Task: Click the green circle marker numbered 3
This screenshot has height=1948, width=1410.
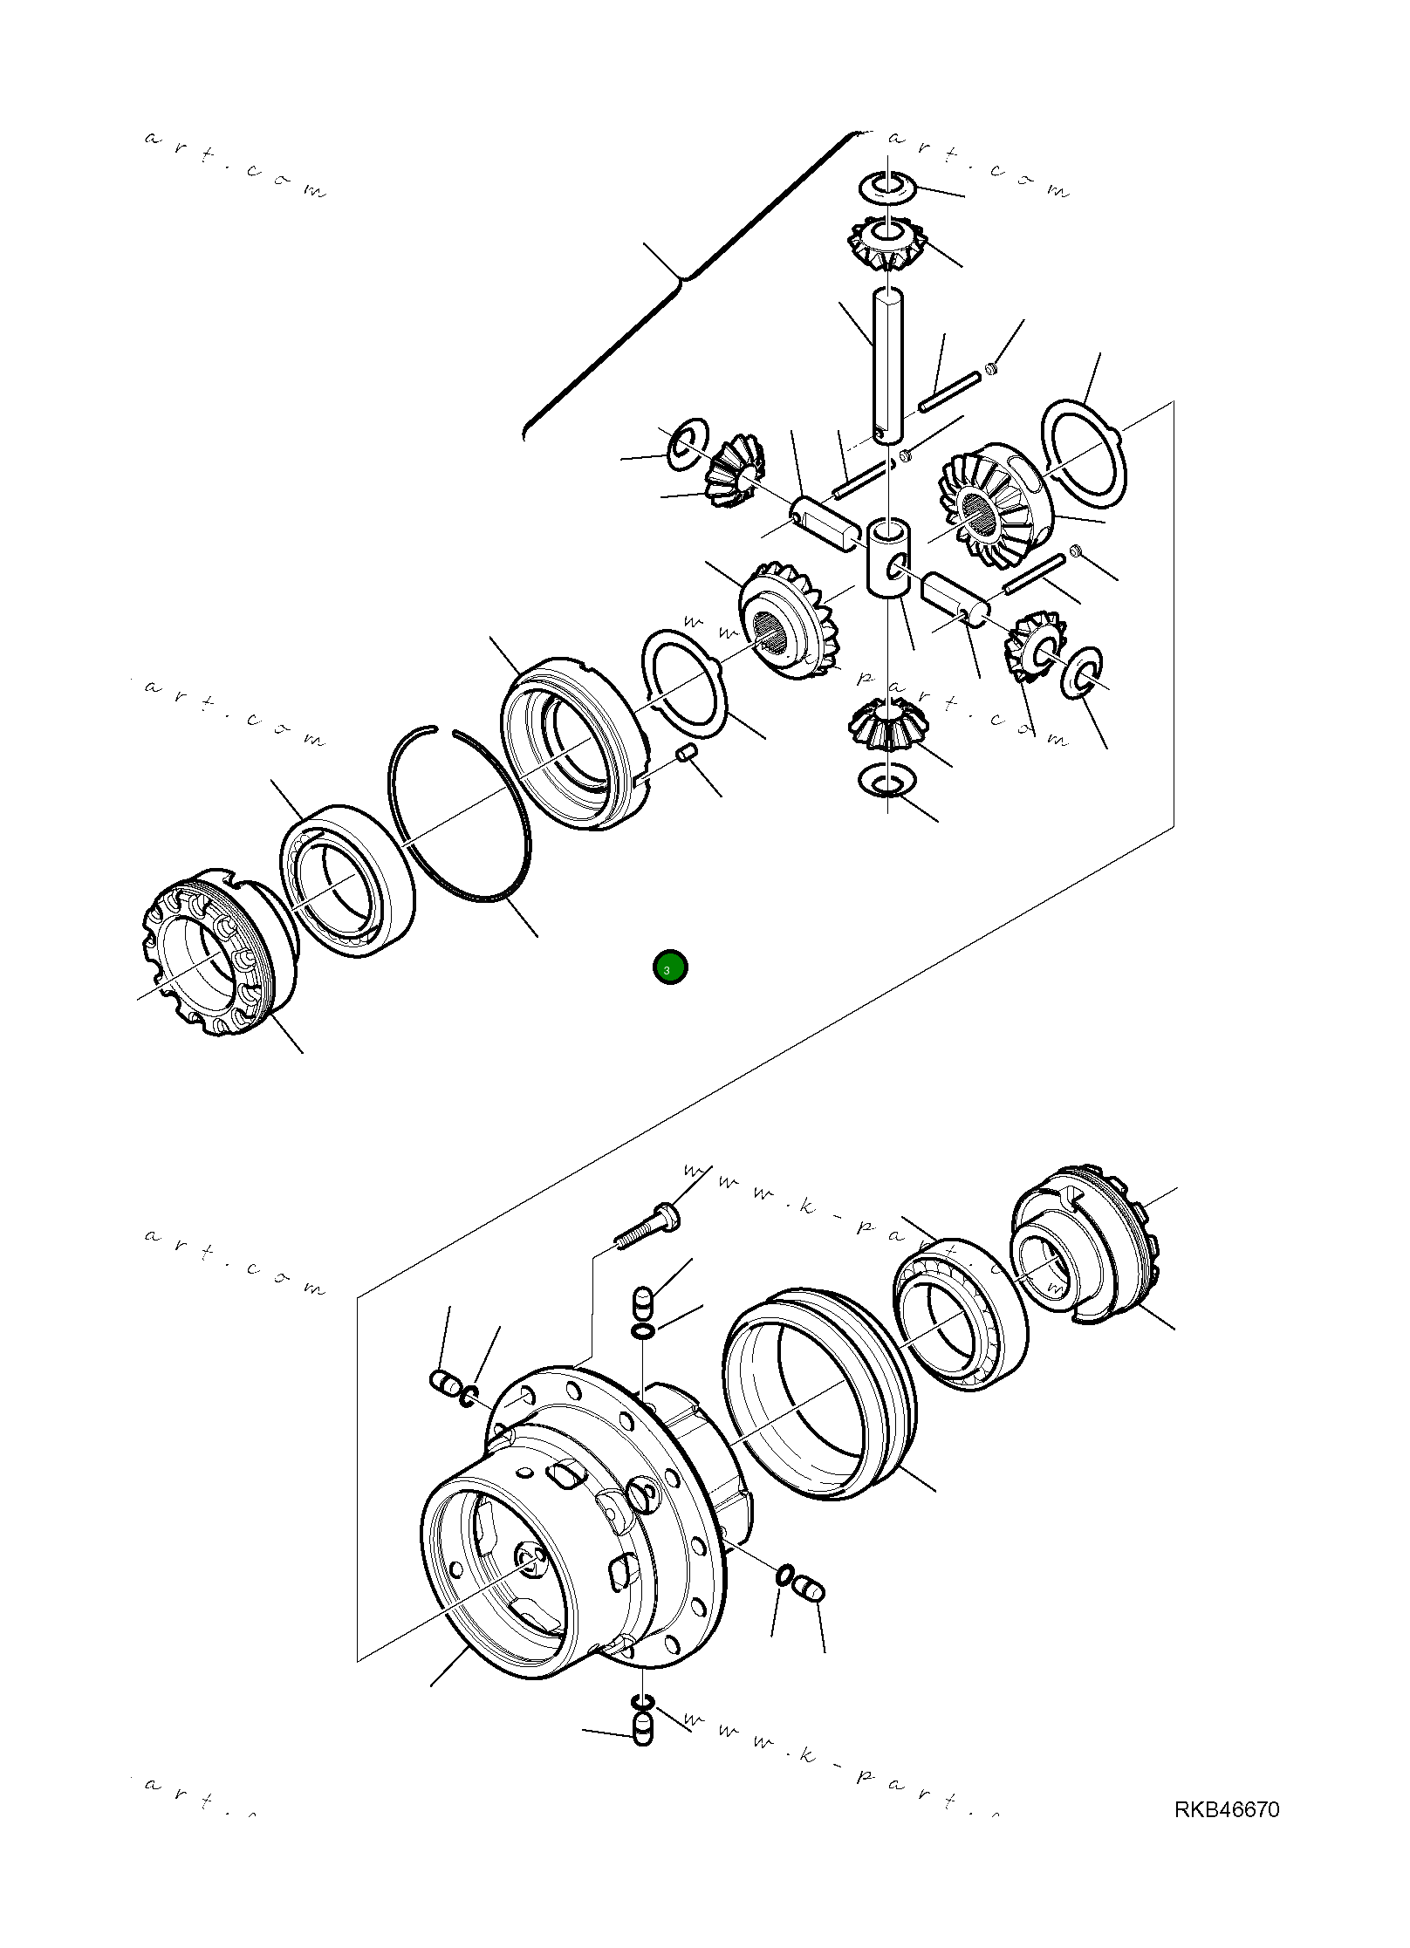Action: point(670,967)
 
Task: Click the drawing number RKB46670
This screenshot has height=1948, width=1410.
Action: point(1226,1808)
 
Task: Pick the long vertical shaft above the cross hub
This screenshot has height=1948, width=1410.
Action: point(887,366)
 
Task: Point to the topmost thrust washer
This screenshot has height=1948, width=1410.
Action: point(887,185)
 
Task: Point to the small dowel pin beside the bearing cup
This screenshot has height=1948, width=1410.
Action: point(688,752)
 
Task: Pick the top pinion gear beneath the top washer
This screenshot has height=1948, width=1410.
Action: point(887,244)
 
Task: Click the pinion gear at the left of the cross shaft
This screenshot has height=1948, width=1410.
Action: point(735,472)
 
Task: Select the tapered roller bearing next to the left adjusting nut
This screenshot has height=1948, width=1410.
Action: point(347,881)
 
